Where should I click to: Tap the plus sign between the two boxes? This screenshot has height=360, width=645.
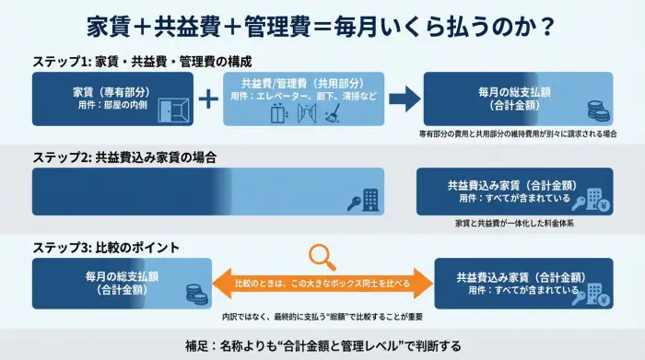(x=210, y=99)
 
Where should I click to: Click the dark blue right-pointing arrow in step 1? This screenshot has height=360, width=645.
(x=403, y=99)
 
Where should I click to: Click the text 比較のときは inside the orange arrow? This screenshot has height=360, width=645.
(x=262, y=284)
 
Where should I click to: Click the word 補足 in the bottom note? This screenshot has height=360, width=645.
(x=193, y=346)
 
